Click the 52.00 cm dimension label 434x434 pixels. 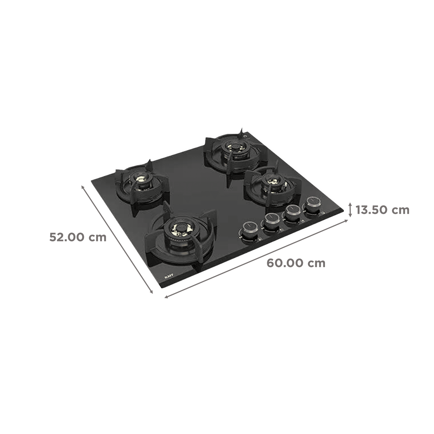[x=78, y=237]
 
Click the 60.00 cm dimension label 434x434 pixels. [x=296, y=263]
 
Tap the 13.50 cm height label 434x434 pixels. [x=382, y=210]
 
